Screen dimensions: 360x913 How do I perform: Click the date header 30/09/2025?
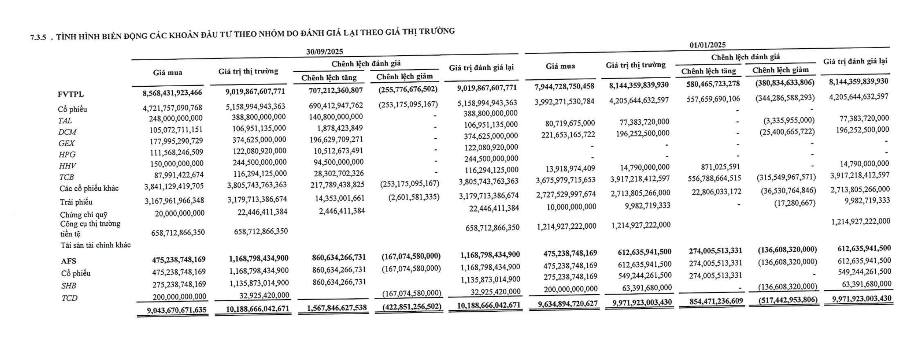(x=324, y=52)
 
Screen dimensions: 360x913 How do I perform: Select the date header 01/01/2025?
(x=707, y=45)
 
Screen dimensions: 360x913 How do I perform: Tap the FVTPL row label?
(x=71, y=94)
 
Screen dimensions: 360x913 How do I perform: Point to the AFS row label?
(x=69, y=261)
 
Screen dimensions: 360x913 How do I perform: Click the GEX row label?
(x=66, y=143)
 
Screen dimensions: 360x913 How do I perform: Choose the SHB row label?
(x=69, y=285)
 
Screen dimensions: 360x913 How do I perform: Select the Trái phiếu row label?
(x=76, y=202)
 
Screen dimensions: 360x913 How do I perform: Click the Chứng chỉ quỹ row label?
(x=84, y=214)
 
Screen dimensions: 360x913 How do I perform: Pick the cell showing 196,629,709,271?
(x=336, y=139)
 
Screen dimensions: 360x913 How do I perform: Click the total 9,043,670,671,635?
(x=177, y=310)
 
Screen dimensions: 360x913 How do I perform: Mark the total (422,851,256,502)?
(x=412, y=307)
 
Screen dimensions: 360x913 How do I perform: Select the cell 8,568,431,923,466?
(x=172, y=93)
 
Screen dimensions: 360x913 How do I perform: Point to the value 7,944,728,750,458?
(x=564, y=87)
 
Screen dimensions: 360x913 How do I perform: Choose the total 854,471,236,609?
(x=716, y=301)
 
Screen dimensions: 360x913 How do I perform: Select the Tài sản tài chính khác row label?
(x=96, y=245)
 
